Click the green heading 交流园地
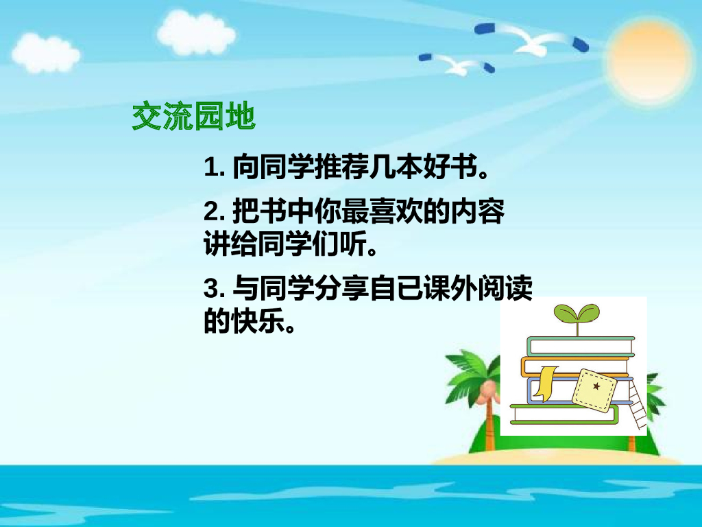click(193, 117)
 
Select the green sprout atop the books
click(576, 315)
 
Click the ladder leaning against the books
click(637, 405)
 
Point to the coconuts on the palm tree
click(487, 392)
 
